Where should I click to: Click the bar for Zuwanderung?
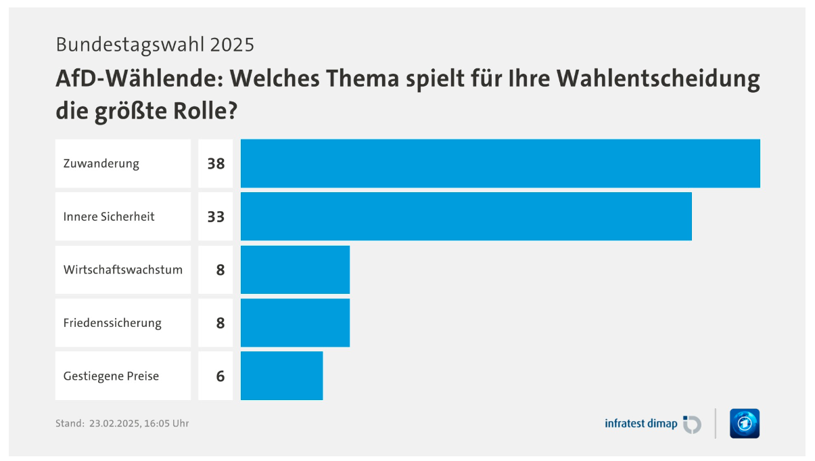[500, 164]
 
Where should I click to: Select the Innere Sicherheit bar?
[466, 217]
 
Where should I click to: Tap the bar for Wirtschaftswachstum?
[295, 269]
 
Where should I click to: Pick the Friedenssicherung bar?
[295, 323]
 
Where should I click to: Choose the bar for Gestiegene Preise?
[281, 376]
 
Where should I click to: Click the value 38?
[216, 164]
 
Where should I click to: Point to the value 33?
[216, 217]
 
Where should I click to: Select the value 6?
[220, 376]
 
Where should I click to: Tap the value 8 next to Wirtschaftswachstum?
[220, 270]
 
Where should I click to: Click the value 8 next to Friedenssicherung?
[220, 323]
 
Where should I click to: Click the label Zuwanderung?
[101, 164]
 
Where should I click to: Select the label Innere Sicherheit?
[109, 217]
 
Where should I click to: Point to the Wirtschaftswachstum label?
[123, 270]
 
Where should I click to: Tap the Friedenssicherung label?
[112, 324]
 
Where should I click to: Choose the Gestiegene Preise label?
[111, 376]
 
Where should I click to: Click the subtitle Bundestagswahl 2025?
[155, 45]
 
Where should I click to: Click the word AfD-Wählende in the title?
[140, 79]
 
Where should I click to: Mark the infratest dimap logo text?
[641, 424]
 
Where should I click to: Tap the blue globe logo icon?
[745, 424]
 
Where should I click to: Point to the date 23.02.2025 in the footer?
[114, 424]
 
